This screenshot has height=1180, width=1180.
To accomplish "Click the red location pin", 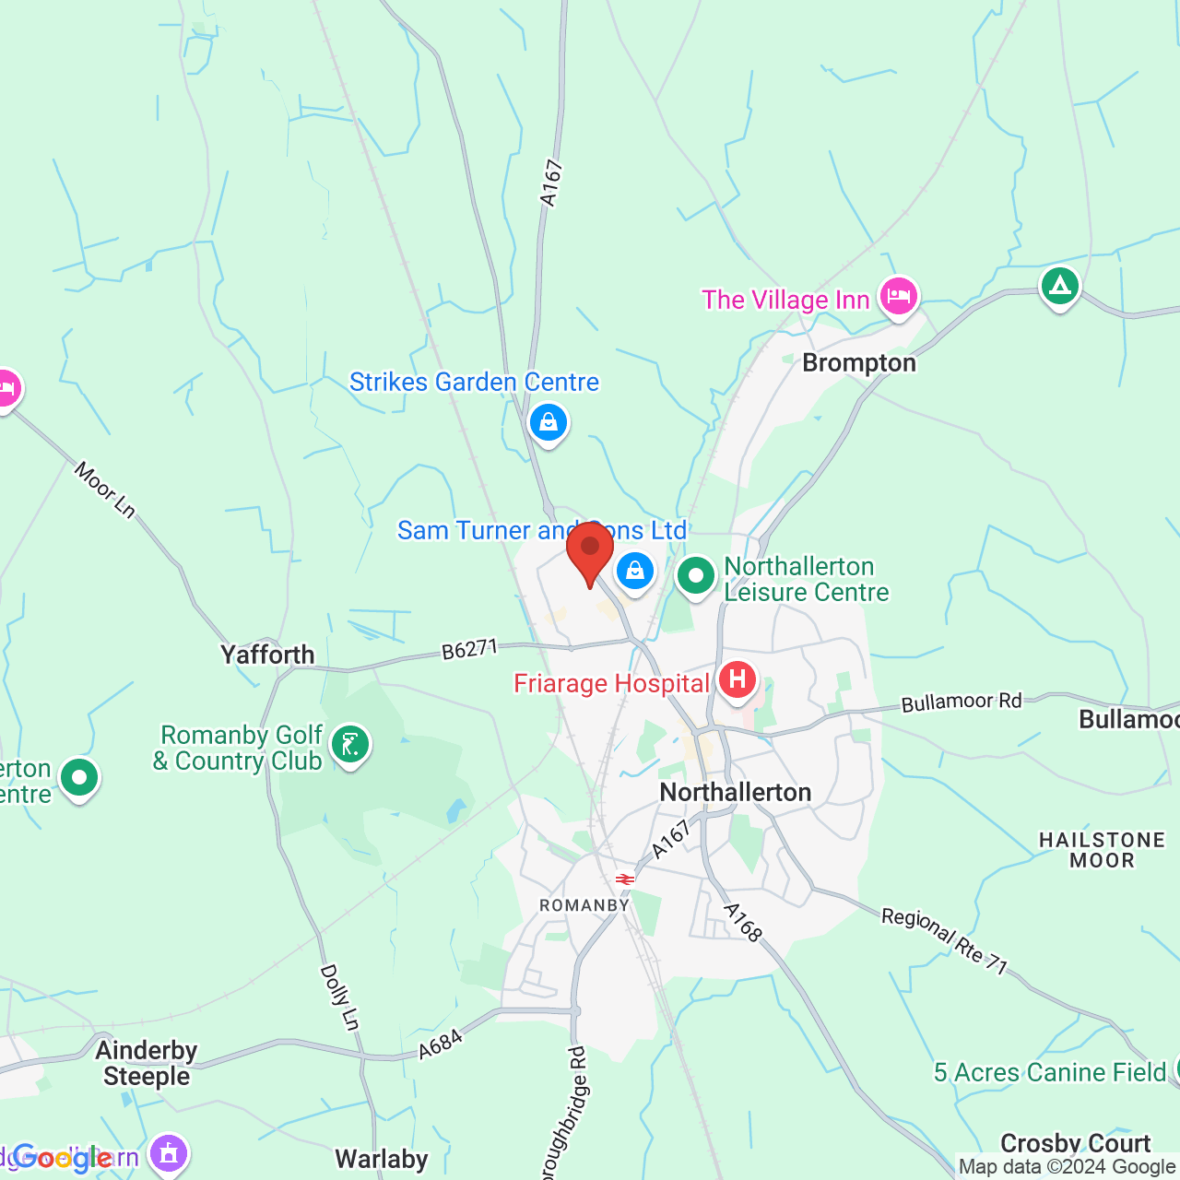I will click(x=590, y=551).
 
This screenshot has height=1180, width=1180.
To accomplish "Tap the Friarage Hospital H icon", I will click(x=737, y=681).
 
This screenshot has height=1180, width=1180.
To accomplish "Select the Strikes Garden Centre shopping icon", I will click(x=549, y=422).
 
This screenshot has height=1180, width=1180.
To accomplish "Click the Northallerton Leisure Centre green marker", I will click(x=696, y=577).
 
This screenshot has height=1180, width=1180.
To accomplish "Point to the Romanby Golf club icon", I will click(x=350, y=743).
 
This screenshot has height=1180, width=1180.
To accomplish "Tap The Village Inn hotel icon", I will click(x=898, y=297).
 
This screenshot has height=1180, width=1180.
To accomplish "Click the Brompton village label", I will click(x=859, y=363).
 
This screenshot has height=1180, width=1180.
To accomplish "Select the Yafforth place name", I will click(x=267, y=655).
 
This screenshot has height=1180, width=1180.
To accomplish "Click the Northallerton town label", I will click(x=736, y=792).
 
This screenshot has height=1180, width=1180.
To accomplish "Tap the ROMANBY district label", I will click(x=584, y=905).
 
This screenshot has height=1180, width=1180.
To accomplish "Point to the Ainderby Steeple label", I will click(x=147, y=1063).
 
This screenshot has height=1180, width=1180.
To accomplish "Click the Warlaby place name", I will click(x=382, y=1159).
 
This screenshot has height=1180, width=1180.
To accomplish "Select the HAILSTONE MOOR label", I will click(x=1102, y=850).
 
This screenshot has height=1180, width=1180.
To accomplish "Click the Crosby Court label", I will click(x=1075, y=1143).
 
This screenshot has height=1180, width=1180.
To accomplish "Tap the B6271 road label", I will click(x=469, y=650).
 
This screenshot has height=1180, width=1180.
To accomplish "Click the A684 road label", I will click(x=440, y=1045).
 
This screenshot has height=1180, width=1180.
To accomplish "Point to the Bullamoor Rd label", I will click(x=962, y=702).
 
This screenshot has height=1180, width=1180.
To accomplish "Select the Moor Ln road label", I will click(x=105, y=490).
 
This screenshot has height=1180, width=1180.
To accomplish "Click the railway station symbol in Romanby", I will click(x=625, y=879).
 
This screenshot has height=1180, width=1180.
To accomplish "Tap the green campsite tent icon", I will click(x=1060, y=286).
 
